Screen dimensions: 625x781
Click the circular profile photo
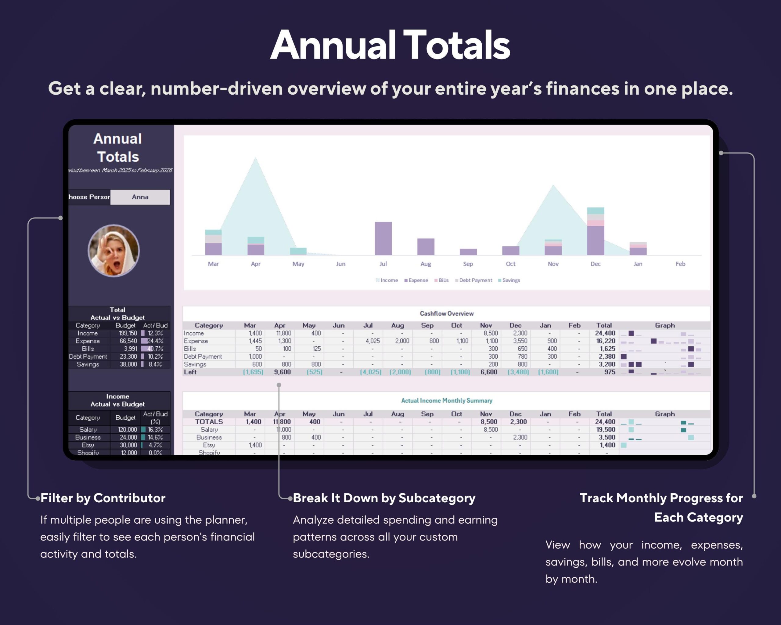113,251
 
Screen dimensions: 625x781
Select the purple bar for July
383,238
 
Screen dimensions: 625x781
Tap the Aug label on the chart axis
425,264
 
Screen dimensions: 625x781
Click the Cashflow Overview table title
446,313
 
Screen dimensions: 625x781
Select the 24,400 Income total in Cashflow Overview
605,333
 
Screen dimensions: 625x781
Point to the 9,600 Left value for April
282,372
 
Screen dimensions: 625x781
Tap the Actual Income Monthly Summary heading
446,400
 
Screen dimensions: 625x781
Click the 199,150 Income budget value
128,333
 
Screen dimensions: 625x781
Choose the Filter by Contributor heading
103,498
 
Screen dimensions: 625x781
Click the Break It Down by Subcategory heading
384,498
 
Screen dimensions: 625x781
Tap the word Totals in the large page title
456,45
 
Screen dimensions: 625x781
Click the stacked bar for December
595,232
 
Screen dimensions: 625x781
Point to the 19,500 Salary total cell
605,429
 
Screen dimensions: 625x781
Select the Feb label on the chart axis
680,264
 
